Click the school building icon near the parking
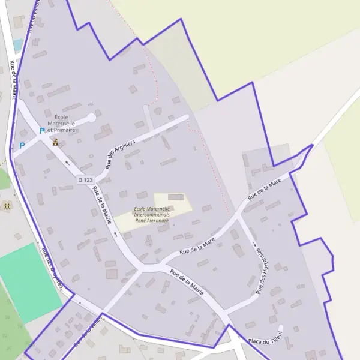click(56, 142)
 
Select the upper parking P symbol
click(42, 131)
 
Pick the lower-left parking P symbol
click(22, 145)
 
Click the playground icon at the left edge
click(7, 206)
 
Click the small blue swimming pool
click(18, 45)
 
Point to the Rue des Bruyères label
click(52, 269)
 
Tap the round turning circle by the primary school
click(92, 118)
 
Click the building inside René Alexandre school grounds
click(176, 197)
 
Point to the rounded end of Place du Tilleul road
click(280, 328)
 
